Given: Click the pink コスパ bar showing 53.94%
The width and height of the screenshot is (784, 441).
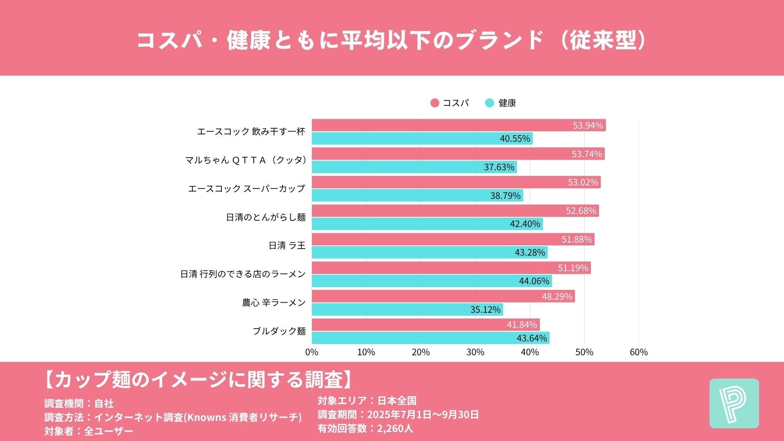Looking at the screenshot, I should coord(449,125).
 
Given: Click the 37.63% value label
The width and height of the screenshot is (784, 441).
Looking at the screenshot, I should coord(499,167).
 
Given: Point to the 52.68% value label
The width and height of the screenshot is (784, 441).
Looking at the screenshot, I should coord(581,211).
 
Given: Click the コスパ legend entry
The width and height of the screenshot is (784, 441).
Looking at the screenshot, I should coord(450,103).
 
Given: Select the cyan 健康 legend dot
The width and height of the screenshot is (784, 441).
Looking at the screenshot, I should coord(489,103).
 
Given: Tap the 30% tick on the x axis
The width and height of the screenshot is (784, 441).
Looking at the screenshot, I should coord(475,352).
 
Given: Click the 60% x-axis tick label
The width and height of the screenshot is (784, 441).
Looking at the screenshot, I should coord(639,352).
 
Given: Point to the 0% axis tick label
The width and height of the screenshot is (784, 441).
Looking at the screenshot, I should coord(312,352).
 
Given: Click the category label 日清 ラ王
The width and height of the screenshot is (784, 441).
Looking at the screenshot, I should coord(287,245).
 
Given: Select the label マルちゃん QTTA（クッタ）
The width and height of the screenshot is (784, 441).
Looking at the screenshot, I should coord(246,160).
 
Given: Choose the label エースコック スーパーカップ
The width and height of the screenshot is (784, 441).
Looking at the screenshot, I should coord(246,189).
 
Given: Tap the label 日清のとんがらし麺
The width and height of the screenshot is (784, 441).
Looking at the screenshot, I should coord(266,217).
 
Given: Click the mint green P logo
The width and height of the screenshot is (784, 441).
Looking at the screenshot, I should coord(734,403).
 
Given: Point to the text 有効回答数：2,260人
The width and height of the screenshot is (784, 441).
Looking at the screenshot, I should coord(365,428).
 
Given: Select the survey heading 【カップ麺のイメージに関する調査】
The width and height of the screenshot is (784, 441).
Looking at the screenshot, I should coord(198,379).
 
